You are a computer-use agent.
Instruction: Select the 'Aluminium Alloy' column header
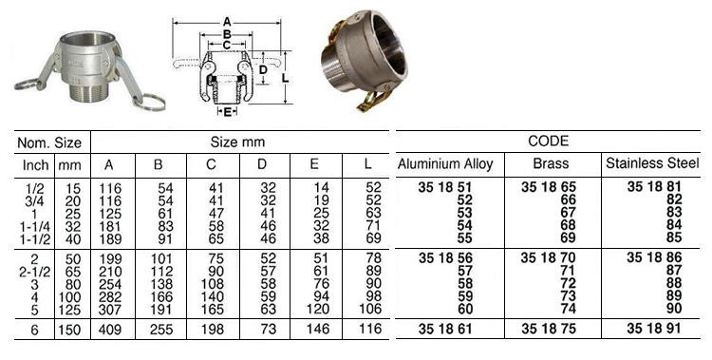coord(445,164)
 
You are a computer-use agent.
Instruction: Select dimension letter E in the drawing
coord(227,113)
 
